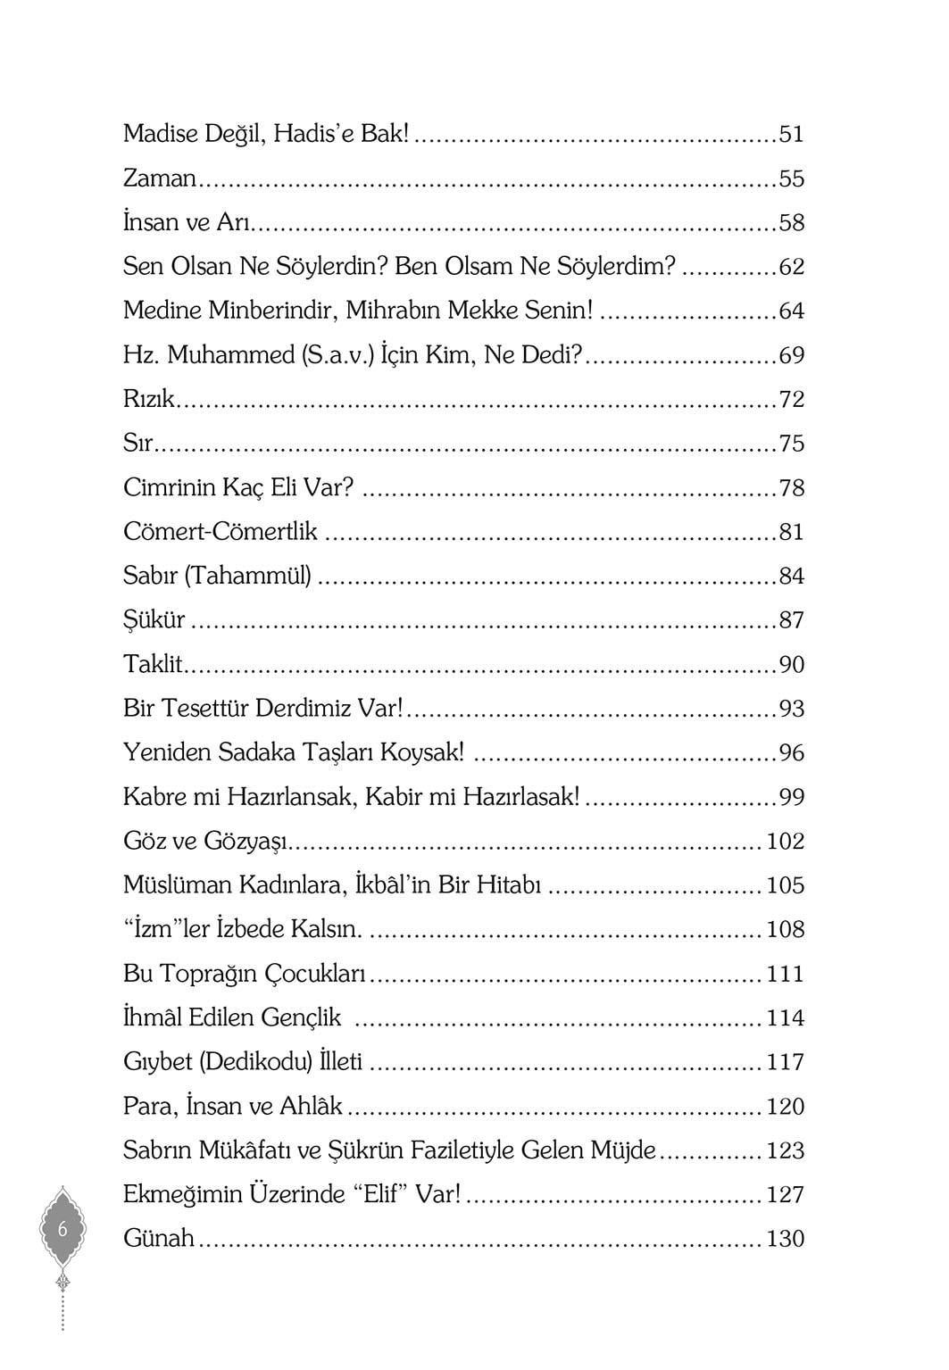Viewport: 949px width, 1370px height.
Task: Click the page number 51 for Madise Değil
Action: click(x=791, y=135)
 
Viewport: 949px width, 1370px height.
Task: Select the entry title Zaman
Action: click(x=159, y=179)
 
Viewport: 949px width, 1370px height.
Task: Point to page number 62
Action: click(x=791, y=267)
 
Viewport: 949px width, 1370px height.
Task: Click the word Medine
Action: click(x=162, y=311)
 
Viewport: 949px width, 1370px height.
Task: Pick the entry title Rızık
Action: click(x=149, y=399)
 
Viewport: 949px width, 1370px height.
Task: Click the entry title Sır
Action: click(x=138, y=444)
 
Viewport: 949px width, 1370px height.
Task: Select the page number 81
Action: click(x=791, y=532)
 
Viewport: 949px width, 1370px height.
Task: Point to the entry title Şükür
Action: click(x=154, y=620)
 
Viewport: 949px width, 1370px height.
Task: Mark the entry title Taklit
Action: click(x=152, y=664)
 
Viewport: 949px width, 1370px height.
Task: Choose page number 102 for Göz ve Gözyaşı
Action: click(x=785, y=841)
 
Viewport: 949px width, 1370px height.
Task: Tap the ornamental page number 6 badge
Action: click(x=62, y=1229)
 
